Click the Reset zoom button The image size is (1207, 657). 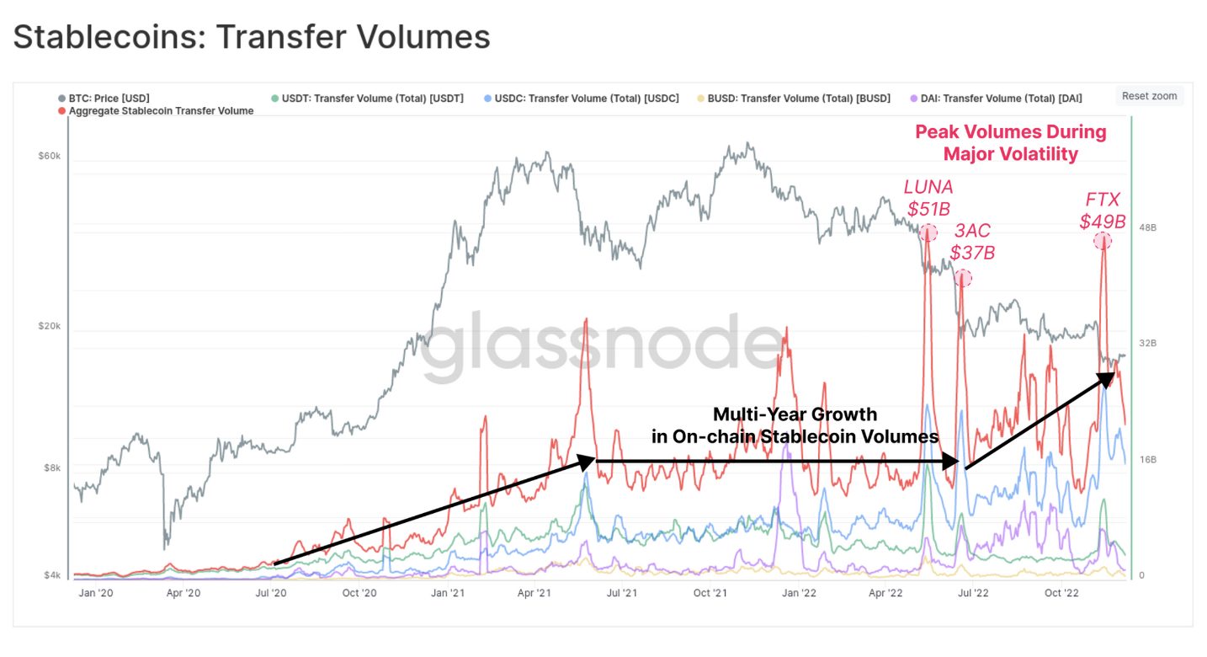pyautogui.click(x=1149, y=96)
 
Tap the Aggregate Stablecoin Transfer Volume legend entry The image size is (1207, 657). pyautogui.click(x=161, y=111)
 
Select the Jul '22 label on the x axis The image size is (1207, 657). pyautogui.click(x=974, y=593)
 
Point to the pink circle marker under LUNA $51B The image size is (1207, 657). pyautogui.click(x=928, y=233)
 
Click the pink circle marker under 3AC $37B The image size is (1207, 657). pyautogui.click(x=963, y=278)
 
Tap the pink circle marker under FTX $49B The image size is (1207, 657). pyautogui.click(x=1102, y=241)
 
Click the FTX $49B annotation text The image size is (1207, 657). pyautogui.click(x=1103, y=211)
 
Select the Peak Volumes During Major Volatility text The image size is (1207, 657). pyautogui.click(x=1010, y=142)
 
